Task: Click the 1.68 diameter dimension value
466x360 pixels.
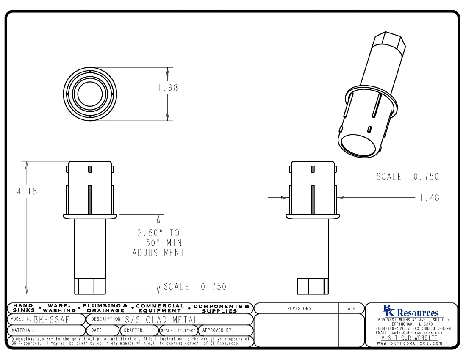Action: pyautogui.click(x=168, y=88)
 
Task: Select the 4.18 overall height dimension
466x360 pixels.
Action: pyautogui.click(x=27, y=191)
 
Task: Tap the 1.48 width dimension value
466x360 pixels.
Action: pyautogui.click(x=430, y=197)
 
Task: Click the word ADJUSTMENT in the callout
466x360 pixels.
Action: pyautogui.click(x=158, y=253)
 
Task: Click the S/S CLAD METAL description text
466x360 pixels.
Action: pyautogui.click(x=162, y=319)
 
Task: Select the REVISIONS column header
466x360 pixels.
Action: pyautogui.click(x=299, y=309)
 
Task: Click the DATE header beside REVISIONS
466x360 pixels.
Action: pyautogui.click(x=350, y=309)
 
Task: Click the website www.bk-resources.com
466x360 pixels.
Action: pyautogui.click(x=410, y=343)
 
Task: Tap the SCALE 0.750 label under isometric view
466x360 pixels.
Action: pyautogui.click(x=407, y=177)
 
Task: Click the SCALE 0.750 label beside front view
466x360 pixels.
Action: pyautogui.click(x=195, y=287)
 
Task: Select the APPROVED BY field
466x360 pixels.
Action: pyautogui.click(x=218, y=330)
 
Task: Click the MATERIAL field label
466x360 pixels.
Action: pyautogui.click(x=23, y=330)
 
